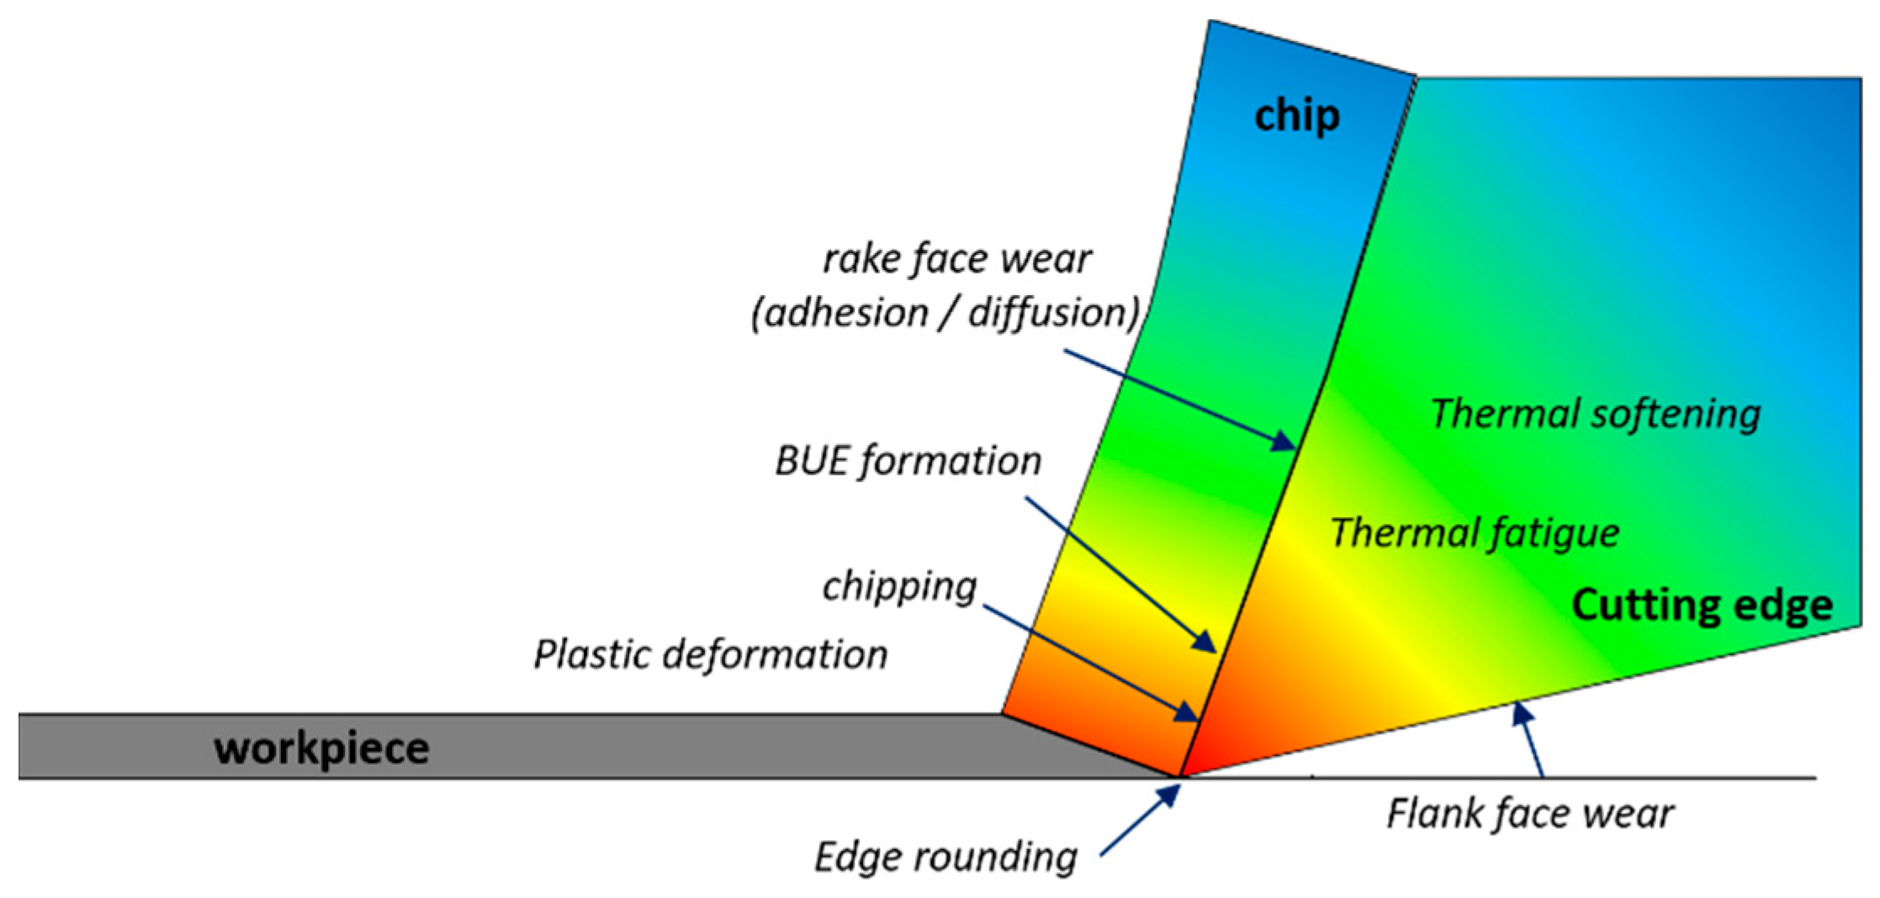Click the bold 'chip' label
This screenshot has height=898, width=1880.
click(1296, 115)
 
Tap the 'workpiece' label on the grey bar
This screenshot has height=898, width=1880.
click(321, 747)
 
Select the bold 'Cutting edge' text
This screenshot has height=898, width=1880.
click(1702, 605)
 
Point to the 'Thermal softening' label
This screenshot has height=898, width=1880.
click(1595, 414)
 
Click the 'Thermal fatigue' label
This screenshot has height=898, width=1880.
click(1474, 533)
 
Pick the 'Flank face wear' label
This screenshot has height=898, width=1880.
click(1529, 814)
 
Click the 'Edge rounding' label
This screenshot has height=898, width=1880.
click(945, 857)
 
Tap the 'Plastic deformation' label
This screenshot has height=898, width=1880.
click(711, 654)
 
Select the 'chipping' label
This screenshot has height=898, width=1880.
click(899, 586)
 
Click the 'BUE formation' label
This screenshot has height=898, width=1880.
click(908, 461)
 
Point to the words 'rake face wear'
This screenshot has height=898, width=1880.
click(956, 259)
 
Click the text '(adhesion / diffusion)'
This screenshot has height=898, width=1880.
click(945, 313)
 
